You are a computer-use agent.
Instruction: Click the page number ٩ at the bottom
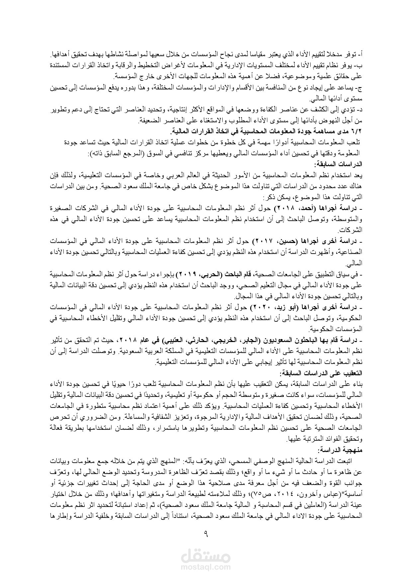(x=206, y=535)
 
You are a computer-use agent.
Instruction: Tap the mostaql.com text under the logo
(x=206, y=565)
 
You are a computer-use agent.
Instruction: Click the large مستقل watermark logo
(x=206, y=554)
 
